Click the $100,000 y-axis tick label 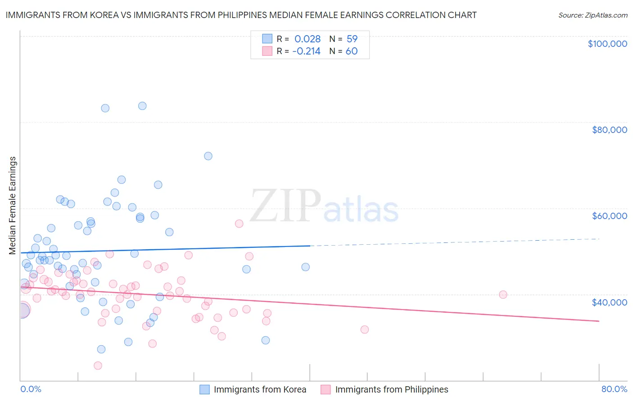tap(607, 44)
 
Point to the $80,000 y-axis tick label tap(609, 130)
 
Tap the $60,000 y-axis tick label tap(609, 216)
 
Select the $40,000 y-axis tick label tap(609, 302)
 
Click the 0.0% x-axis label tap(31, 389)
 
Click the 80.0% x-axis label tap(614, 389)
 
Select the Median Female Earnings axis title tap(13, 206)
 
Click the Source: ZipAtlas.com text tap(592, 15)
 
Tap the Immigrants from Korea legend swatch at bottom tap(205, 389)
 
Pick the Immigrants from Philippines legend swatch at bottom tap(326, 389)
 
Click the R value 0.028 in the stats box tap(307, 39)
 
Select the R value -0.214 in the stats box tap(306, 51)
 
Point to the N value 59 tap(352, 39)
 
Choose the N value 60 tap(352, 51)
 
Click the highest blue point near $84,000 tap(142, 106)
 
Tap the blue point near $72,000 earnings tap(208, 156)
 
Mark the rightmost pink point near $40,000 tap(503, 295)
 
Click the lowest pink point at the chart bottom tap(98, 365)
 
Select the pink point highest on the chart tap(239, 224)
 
